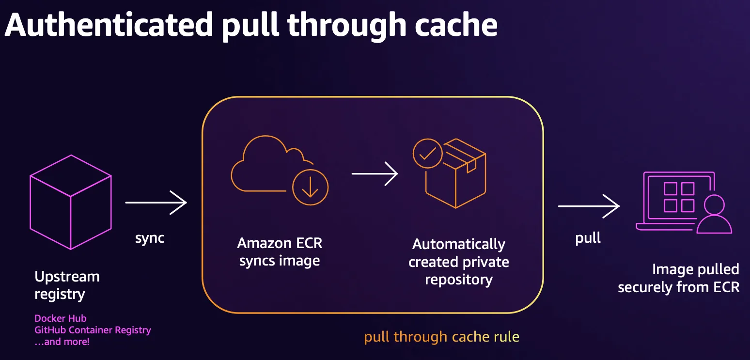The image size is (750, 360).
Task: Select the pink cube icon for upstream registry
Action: (71, 202)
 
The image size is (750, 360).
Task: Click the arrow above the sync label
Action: (156, 203)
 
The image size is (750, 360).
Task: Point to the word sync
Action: (150, 238)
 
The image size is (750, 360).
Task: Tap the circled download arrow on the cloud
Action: (311, 188)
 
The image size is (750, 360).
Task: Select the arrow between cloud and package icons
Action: (375, 174)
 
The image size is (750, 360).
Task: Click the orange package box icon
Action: (456, 173)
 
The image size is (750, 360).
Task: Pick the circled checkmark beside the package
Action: (427, 154)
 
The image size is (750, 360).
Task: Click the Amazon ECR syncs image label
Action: (280, 252)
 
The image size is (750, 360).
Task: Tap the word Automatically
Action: (459, 244)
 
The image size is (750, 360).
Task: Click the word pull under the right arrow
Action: (588, 238)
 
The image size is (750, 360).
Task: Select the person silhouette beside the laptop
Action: (714, 214)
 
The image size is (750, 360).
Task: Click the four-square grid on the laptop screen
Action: (679, 197)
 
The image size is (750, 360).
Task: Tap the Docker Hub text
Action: (61, 318)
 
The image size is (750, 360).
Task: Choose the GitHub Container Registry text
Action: (93, 330)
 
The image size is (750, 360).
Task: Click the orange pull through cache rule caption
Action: (442, 337)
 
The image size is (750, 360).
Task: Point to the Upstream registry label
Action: (67, 285)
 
